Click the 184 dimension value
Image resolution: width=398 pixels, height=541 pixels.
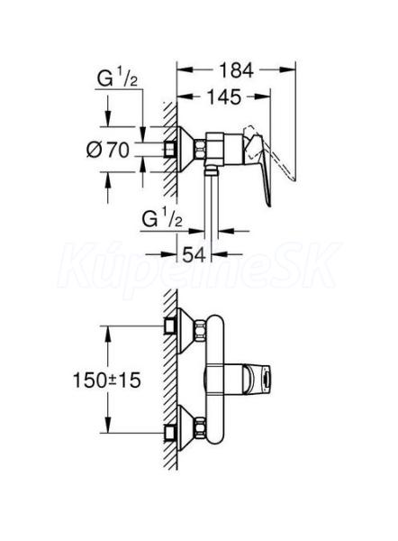(236, 70)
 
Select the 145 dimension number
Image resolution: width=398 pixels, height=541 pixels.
(224, 97)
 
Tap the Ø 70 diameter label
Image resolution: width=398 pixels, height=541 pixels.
(108, 150)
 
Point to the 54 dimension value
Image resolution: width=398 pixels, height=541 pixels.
(194, 255)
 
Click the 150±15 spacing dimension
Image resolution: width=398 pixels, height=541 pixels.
(107, 381)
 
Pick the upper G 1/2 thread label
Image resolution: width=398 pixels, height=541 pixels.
(117, 79)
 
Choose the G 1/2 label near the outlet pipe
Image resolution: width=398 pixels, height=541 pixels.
(162, 219)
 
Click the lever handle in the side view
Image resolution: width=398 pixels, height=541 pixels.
(261, 165)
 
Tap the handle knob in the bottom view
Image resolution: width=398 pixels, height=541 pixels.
(257, 380)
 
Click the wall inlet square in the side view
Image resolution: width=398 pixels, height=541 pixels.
(170, 149)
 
